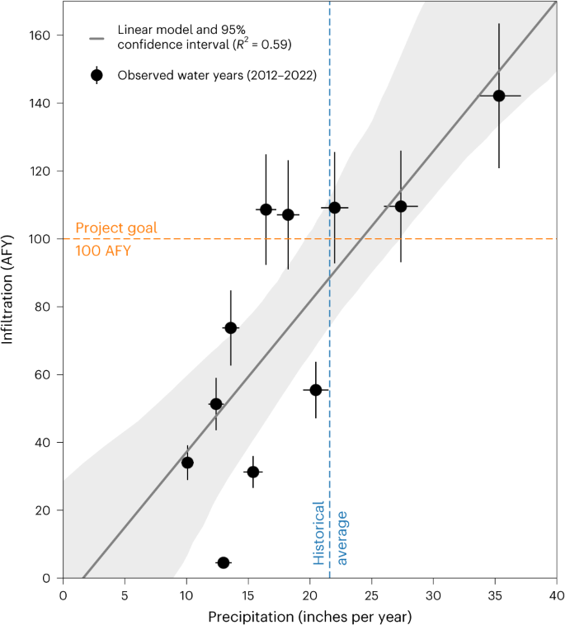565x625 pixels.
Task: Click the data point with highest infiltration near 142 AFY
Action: (499, 96)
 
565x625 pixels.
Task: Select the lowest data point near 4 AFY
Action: (223, 562)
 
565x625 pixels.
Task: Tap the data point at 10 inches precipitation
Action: (187, 463)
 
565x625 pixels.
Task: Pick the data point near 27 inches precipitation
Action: (401, 206)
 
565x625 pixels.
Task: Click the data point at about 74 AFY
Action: (231, 327)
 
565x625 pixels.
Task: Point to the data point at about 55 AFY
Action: (316, 389)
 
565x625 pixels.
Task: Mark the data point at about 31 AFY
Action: (252, 472)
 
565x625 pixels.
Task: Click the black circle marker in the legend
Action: (97, 75)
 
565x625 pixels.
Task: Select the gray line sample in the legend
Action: (97, 38)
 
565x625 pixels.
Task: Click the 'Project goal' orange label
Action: (115, 228)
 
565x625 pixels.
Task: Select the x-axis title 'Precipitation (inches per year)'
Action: (309, 615)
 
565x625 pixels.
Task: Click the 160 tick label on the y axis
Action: (41, 35)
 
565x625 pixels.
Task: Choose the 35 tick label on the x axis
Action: (495, 594)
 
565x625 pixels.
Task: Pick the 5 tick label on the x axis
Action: (125, 594)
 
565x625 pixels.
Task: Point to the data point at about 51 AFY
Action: (216, 404)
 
